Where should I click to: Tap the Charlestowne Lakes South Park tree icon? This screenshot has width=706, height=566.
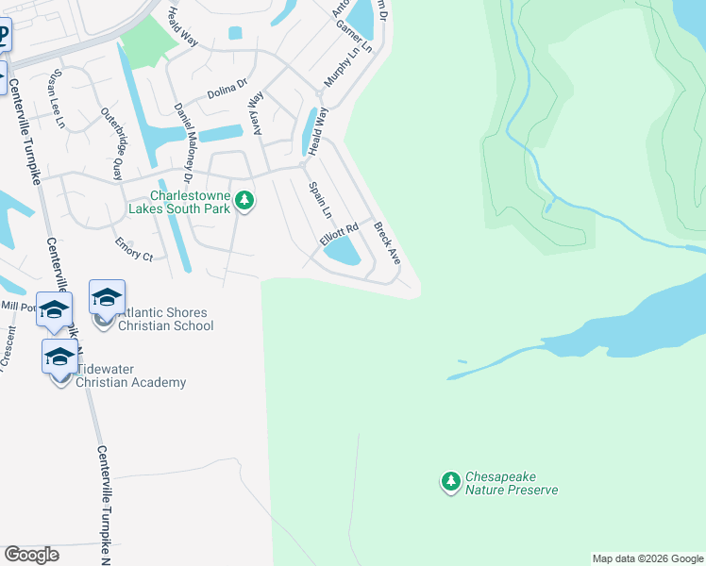pos(245,201)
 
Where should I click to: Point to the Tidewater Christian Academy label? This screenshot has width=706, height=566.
pos(130,375)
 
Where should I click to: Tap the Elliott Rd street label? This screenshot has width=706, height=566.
pos(340,234)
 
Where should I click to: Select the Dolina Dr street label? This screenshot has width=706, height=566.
pos(227,92)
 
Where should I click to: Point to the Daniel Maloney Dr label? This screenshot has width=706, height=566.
pos(183,142)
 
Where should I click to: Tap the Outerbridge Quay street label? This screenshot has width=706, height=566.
pos(111,144)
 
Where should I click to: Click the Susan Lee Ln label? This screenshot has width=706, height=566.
pos(59,99)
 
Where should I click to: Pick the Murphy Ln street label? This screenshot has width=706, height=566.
pos(336,65)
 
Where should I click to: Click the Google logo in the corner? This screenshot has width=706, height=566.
pos(31,555)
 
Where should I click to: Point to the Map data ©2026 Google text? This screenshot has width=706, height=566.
pos(647,558)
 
